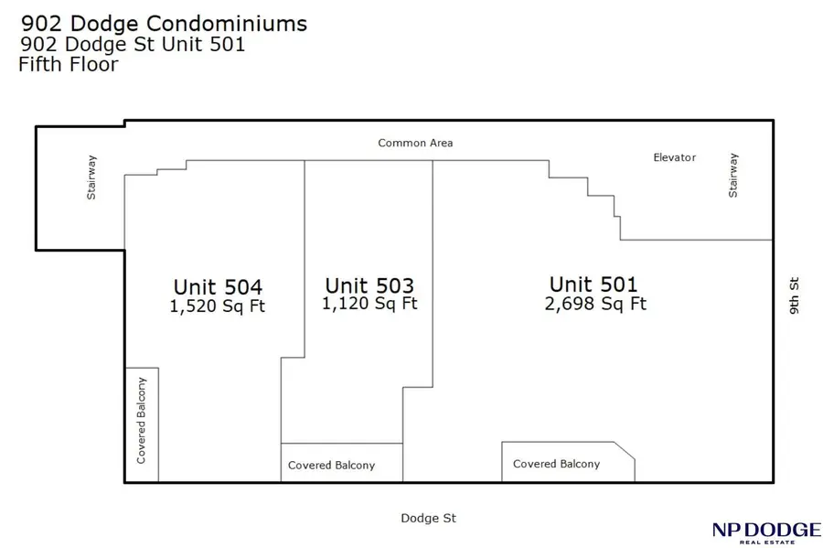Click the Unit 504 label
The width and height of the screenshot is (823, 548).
pos(218,286)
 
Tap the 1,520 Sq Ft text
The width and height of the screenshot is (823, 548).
pos(218,306)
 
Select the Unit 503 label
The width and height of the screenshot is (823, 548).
pos(369,285)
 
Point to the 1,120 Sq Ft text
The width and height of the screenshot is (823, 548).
pos(369,304)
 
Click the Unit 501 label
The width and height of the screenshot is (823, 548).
pos(593,284)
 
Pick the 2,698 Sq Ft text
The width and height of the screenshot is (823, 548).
pos(594,304)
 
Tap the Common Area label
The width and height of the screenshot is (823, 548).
pos(415,144)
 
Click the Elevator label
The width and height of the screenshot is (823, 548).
pos(674,157)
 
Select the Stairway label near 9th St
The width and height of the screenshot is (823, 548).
pos(732,175)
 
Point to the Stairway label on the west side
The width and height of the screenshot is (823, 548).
pos(91,177)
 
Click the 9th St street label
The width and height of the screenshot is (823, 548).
pos(794,296)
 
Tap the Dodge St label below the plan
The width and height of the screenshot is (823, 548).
pos(428,519)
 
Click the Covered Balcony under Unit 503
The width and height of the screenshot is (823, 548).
pos(331,466)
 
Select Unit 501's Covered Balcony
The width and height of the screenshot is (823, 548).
pos(556,464)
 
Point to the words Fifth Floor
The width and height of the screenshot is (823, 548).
pos(69,65)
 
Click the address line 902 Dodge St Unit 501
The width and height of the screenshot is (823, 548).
pos(133,44)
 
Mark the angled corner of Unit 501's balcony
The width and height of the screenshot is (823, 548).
pos(625,451)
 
